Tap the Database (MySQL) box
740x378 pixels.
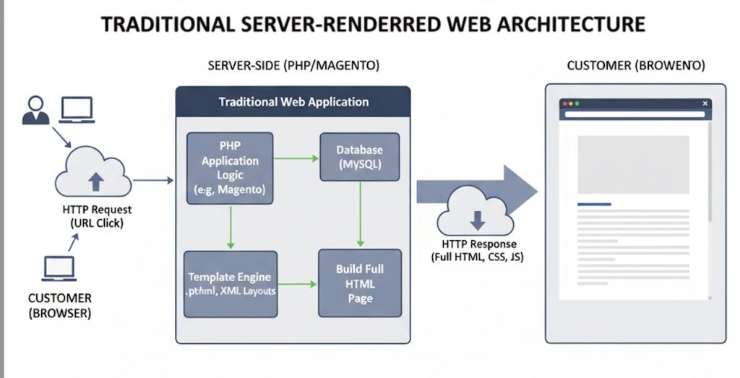[359, 157]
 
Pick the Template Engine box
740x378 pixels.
[230, 284]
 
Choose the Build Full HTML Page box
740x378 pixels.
[359, 283]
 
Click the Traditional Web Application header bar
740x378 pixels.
[293, 102]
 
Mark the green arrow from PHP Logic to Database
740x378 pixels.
[296, 158]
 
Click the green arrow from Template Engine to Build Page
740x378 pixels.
[297, 284]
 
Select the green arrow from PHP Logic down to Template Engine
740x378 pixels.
[230, 227]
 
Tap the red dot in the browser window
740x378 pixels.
[565, 104]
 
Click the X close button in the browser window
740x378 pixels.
[705, 104]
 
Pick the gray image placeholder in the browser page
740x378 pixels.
[633, 164]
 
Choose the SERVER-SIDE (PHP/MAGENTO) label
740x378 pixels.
[293, 66]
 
